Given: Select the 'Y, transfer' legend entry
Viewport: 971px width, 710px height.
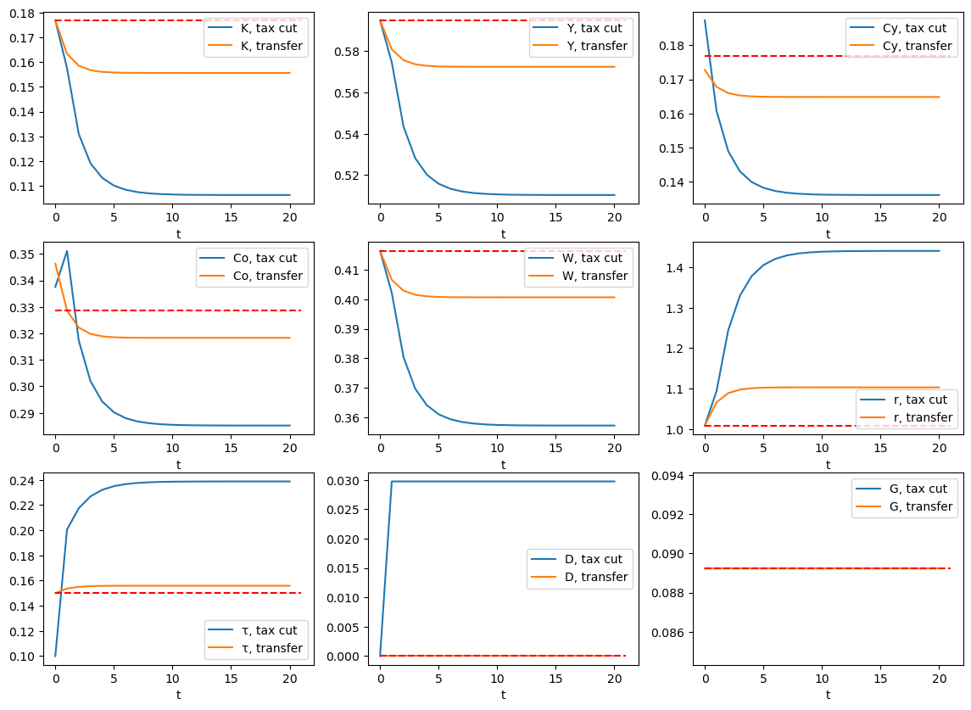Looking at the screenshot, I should point(594,46).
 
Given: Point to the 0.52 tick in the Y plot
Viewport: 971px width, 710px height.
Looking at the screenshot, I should point(350,176).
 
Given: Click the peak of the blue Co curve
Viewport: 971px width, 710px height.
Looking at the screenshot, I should point(67,251).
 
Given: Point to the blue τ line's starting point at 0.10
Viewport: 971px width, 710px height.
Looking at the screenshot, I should point(55,656).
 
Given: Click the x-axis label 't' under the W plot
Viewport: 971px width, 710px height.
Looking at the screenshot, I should point(503,465).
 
